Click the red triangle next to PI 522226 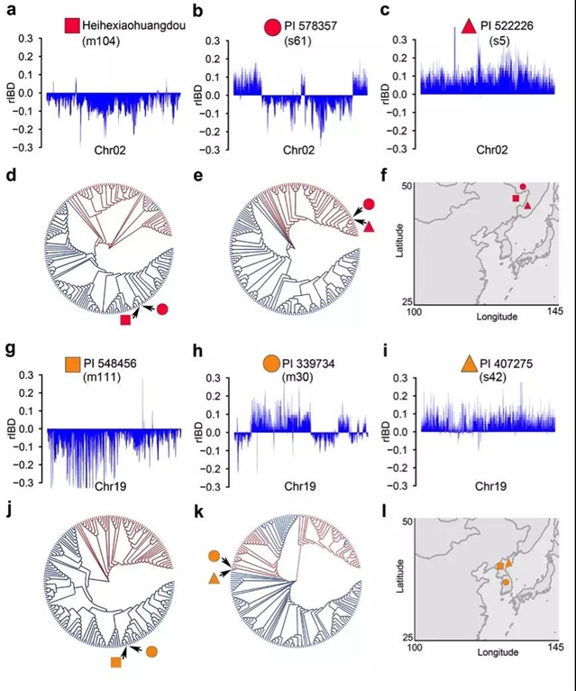468,27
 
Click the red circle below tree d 162,309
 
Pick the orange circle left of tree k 214,557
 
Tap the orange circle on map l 506,583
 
